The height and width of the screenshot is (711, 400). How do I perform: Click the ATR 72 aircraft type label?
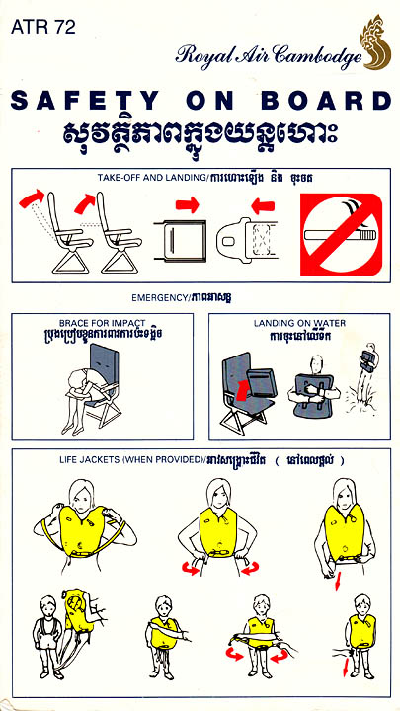pyautogui.click(x=43, y=27)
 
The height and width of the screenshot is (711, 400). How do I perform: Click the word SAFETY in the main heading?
pyautogui.click(x=85, y=101)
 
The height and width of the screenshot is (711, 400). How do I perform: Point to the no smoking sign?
pyautogui.click(x=341, y=234)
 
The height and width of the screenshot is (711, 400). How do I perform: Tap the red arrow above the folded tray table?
pyautogui.click(x=188, y=205)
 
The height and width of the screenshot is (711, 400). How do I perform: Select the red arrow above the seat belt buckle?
pyautogui.click(x=263, y=206)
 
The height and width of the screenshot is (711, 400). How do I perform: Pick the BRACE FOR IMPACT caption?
pyautogui.click(x=102, y=323)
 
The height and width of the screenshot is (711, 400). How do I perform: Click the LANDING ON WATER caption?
pyautogui.click(x=300, y=323)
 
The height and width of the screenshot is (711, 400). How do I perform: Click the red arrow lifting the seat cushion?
pyautogui.click(x=243, y=390)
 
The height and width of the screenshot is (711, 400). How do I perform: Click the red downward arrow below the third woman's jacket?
pyautogui.click(x=338, y=582)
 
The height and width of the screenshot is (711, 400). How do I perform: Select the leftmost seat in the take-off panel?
pyautogui.click(x=71, y=232)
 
